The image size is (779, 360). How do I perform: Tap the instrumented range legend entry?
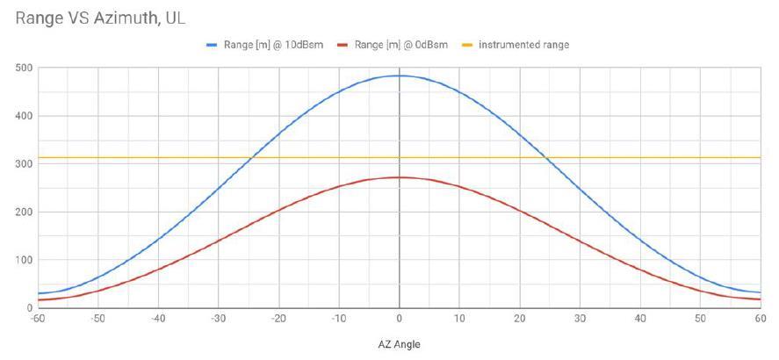[523, 44]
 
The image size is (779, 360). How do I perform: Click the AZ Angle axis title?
[399, 344]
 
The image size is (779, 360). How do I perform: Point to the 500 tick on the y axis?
[23, 68]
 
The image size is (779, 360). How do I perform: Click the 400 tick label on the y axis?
[23, 116]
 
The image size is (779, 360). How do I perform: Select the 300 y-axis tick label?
[23, 164]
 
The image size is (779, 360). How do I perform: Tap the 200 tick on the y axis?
[23, 212]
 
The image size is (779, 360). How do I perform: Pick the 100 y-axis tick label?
[23, 261]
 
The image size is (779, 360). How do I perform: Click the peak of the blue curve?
[399, 76]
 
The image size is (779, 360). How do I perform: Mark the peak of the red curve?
[399, 177]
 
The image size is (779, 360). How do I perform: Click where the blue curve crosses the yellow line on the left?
[251, 157]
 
